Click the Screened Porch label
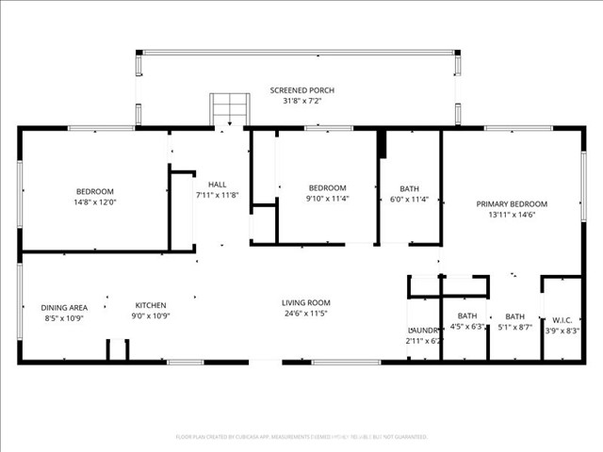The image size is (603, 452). coord(301,90)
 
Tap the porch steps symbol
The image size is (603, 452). coord(226,105)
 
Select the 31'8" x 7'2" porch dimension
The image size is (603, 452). coord(301,101)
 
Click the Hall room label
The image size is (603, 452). coord(218,185)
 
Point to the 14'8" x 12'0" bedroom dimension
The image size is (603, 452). coord(94,202)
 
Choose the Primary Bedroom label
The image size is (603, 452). coord(512,203)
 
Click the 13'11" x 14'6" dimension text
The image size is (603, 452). coord(512,215)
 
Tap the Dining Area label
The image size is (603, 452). coord(64,307)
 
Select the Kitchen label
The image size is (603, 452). coord(151,305)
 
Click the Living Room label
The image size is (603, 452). coord(306,302)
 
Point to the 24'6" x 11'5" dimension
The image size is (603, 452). coord(306,314)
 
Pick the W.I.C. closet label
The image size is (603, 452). coord(562,319)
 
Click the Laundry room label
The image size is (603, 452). coord(424,331)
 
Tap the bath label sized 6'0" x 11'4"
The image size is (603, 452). coord(409,187)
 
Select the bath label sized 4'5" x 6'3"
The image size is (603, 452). coord(467,315)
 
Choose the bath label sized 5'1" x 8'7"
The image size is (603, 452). coord(514,316)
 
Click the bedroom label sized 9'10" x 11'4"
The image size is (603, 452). coord(327,187)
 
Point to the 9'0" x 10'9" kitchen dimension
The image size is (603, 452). coord(151,316)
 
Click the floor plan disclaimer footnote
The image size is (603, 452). coord(301,437)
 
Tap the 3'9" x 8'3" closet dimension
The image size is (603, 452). coord(562,331)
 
